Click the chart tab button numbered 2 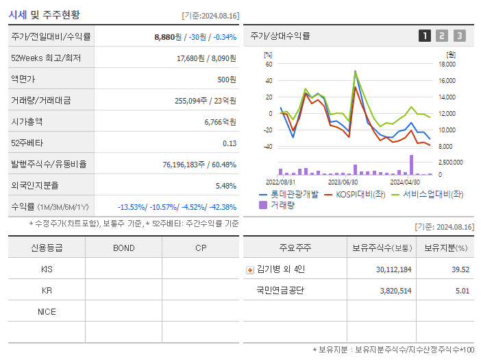pos(442,36)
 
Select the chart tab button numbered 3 pos(459,36)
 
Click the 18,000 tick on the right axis pos(447,64)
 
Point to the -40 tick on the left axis pos(268,147)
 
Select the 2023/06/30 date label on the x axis pos(343,182)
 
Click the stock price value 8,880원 pos(168,37)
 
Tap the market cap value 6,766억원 pos(220,121)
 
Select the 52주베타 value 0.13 pos(230,143)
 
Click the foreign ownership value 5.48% pos(225,185)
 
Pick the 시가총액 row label pos(27,121)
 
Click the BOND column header pos(123,248)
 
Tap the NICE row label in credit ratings pos(47,311)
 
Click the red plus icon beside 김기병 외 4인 pos(249,269)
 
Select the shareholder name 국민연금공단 pos(280,290)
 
